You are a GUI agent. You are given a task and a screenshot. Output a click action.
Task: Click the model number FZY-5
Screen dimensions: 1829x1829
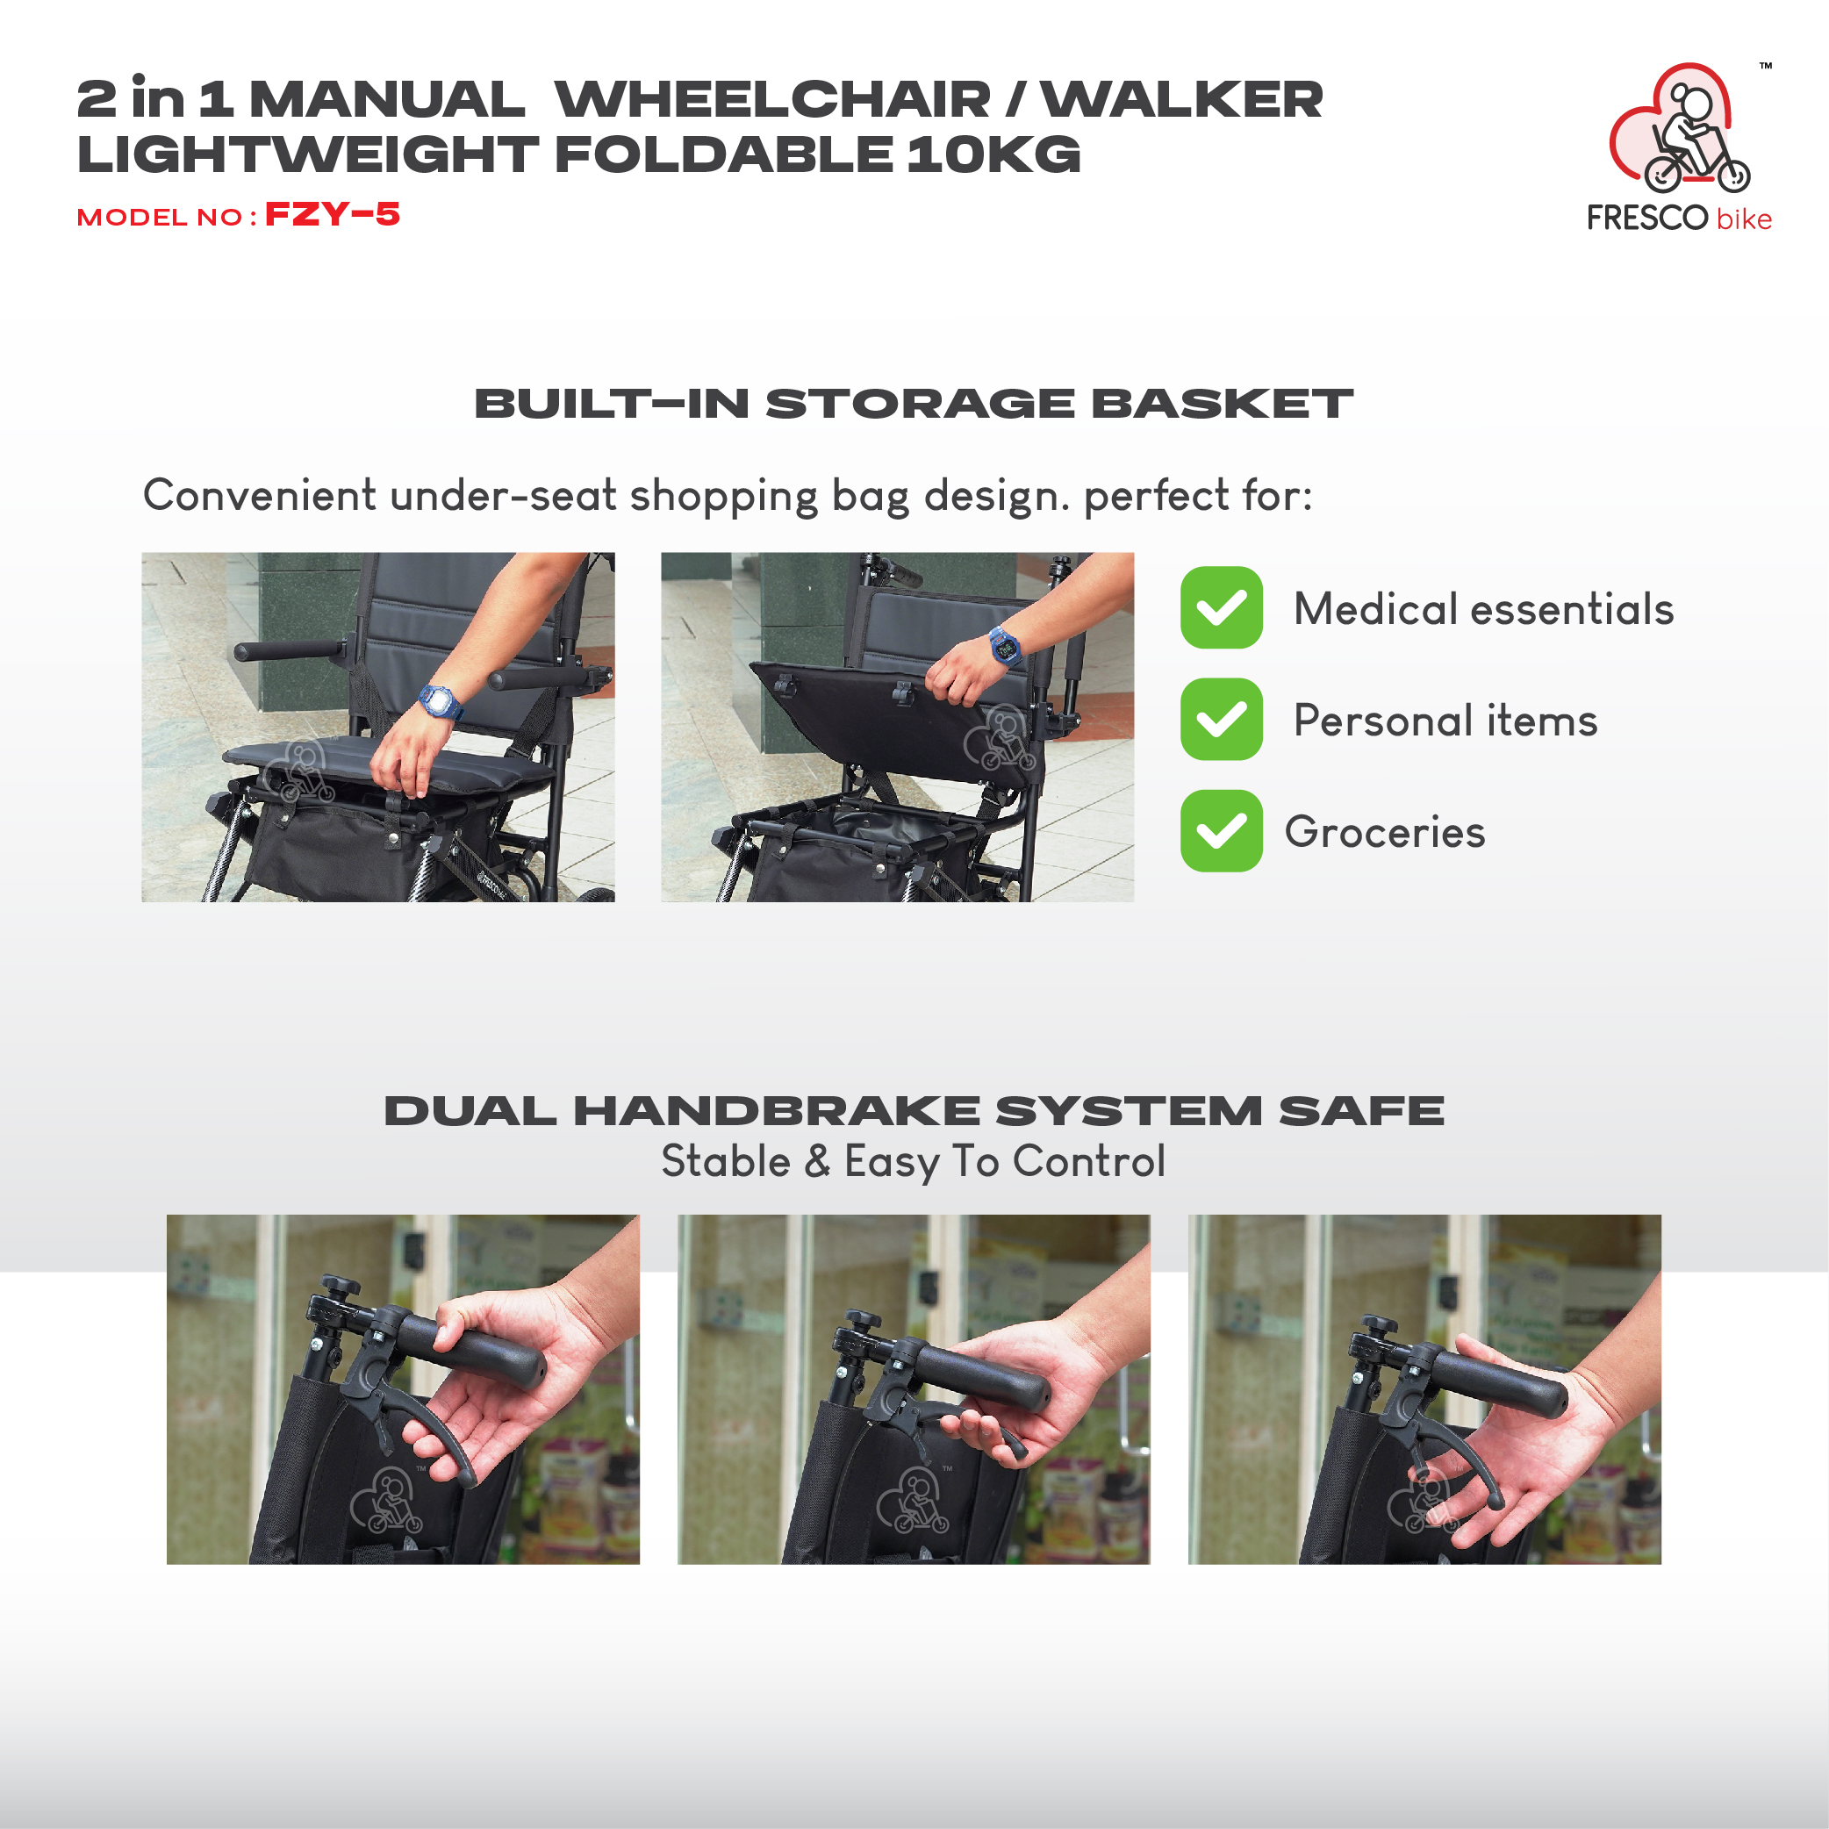click(x=333, y=215)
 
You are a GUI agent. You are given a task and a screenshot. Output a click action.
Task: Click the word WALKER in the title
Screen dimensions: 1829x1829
click(x=1182, y=99)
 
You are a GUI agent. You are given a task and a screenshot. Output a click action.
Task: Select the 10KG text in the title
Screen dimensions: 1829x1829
click(x=993, y=154)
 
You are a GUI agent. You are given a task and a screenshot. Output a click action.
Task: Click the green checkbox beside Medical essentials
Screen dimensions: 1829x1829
click(x=1221, y=608)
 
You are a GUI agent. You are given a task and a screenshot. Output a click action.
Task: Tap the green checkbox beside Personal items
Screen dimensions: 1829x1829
click(x=1221, y=720)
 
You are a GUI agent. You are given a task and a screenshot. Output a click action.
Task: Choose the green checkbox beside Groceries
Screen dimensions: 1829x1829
click(x=1221, y=831)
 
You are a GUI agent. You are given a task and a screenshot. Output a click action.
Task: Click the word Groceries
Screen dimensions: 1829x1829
click(x=1385, y=832)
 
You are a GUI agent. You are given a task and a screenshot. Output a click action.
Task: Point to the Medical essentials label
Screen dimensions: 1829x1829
click(x=1483, y=609)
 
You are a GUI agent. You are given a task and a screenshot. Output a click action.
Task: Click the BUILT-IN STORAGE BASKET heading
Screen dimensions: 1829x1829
click(x=914, y=404)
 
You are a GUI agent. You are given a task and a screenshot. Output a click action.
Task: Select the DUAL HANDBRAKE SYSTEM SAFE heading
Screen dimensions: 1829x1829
click(x=914, y=1110)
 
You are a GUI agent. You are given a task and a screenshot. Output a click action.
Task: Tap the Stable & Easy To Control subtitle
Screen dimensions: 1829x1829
click(x=914, y=1162)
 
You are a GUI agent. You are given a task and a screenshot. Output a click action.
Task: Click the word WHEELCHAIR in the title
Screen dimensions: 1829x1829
click(x=772, y=99)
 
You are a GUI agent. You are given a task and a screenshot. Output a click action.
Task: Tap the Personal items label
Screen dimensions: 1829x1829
click(x=1445, y=721)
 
